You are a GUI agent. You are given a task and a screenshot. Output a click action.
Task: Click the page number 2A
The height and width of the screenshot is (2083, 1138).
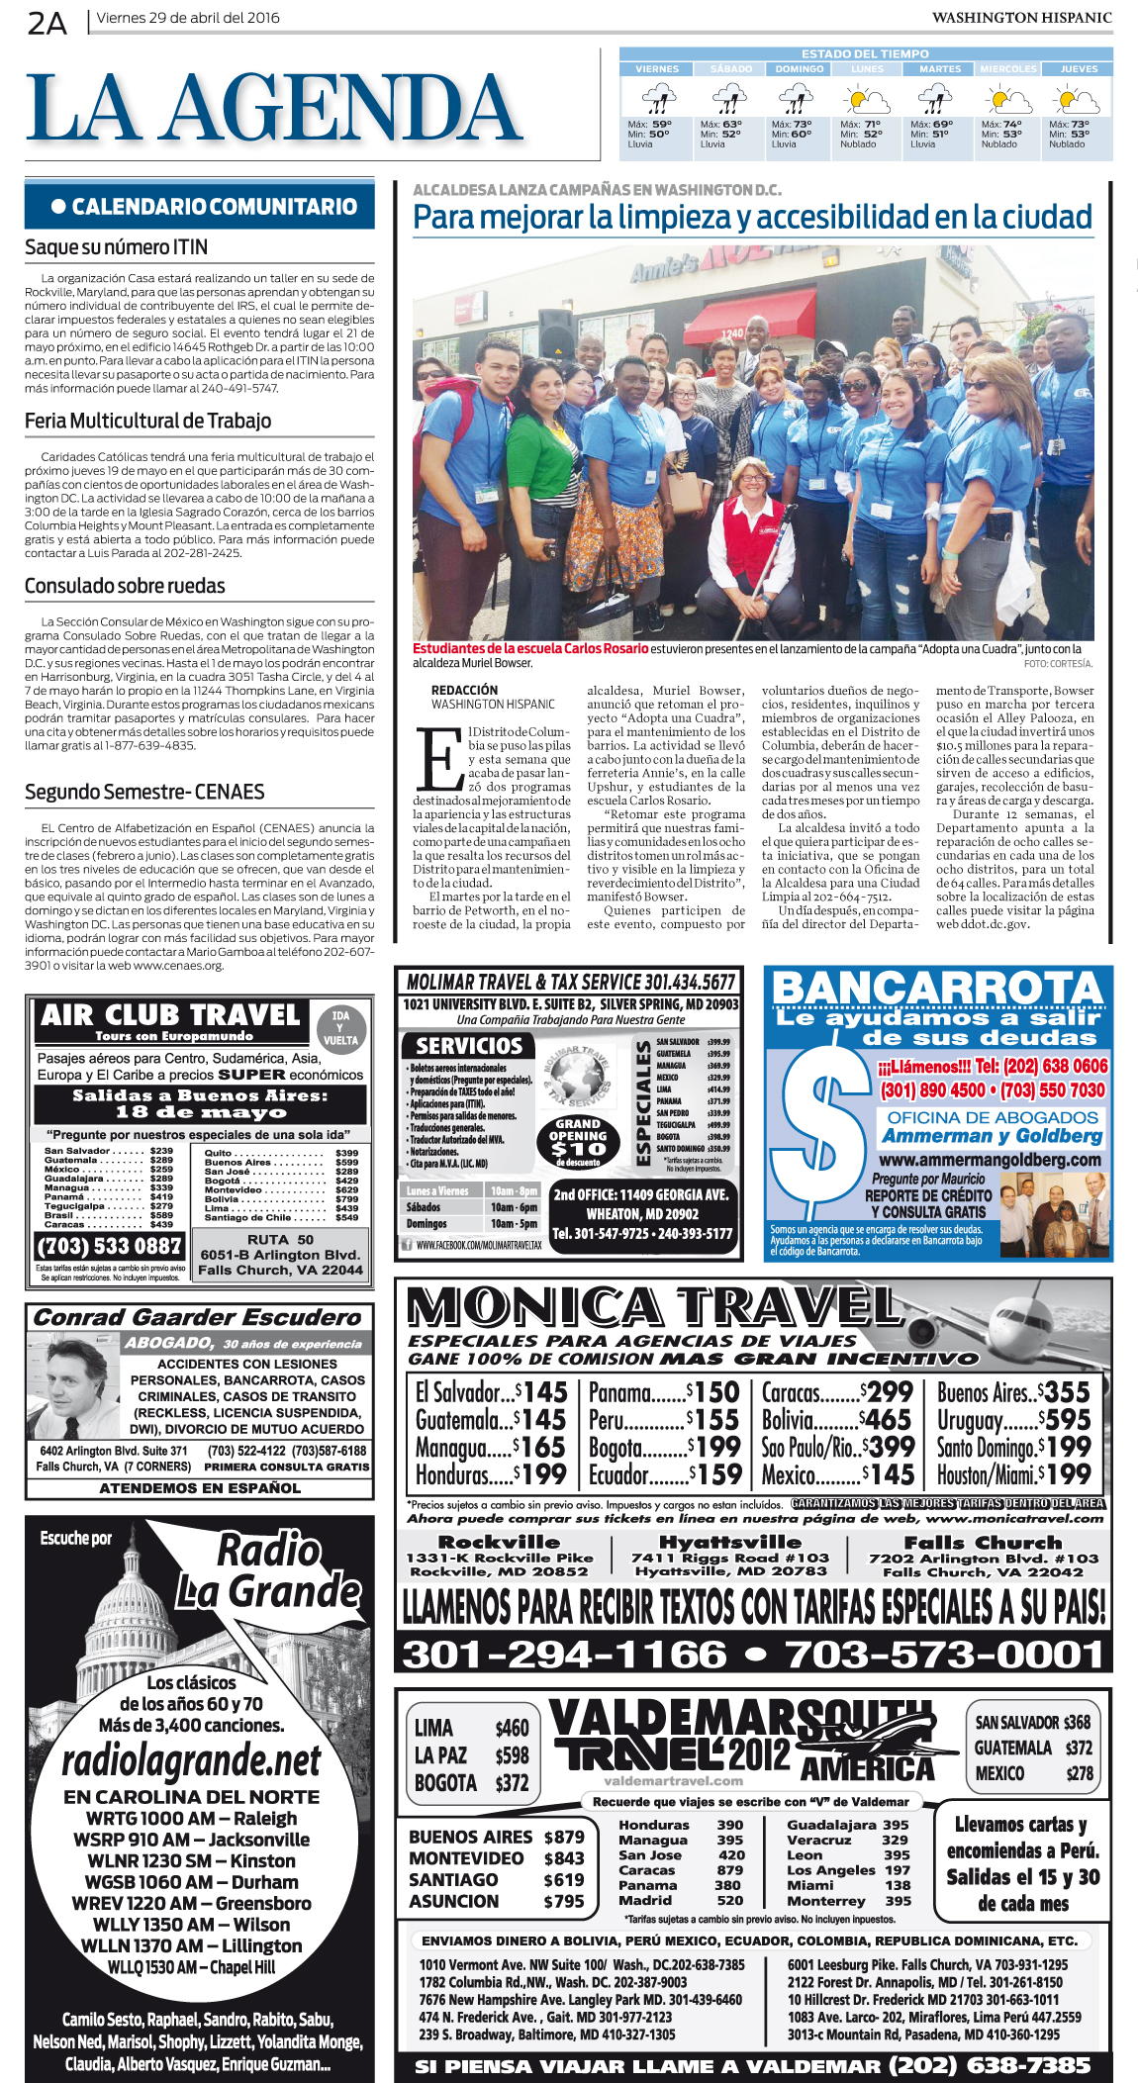pyautogui.click(x=47, y=22)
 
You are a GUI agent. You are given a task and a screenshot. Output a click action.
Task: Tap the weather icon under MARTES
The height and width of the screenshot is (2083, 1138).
pyautogui.click(x=935, y=99)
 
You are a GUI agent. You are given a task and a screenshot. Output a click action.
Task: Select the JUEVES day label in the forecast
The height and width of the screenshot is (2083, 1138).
pyautogui.click(x=1079, y=69)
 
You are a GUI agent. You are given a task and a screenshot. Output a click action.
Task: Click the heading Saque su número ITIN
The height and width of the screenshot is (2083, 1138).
pyautogui.click(x=117, y=247)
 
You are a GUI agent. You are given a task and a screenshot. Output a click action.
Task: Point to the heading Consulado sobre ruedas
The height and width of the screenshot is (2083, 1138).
pyautogui.click(x=125, y=586)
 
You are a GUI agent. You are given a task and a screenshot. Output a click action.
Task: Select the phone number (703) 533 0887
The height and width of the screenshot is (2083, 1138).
pyautogui.click(x=109, y=1246)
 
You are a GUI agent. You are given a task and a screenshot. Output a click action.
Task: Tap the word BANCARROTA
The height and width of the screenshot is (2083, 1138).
pyautogui.click(x=936, y=988)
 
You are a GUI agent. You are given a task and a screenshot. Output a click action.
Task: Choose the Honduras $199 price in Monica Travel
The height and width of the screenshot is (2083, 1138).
pyautogui.click(x=491, y=1474)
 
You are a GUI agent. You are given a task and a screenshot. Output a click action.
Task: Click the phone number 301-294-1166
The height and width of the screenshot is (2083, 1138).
pyautogui.click(x=564, y=1654)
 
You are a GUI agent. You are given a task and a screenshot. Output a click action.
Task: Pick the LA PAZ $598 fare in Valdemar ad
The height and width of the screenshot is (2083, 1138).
pyautogui.click(x=471, y=1754)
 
